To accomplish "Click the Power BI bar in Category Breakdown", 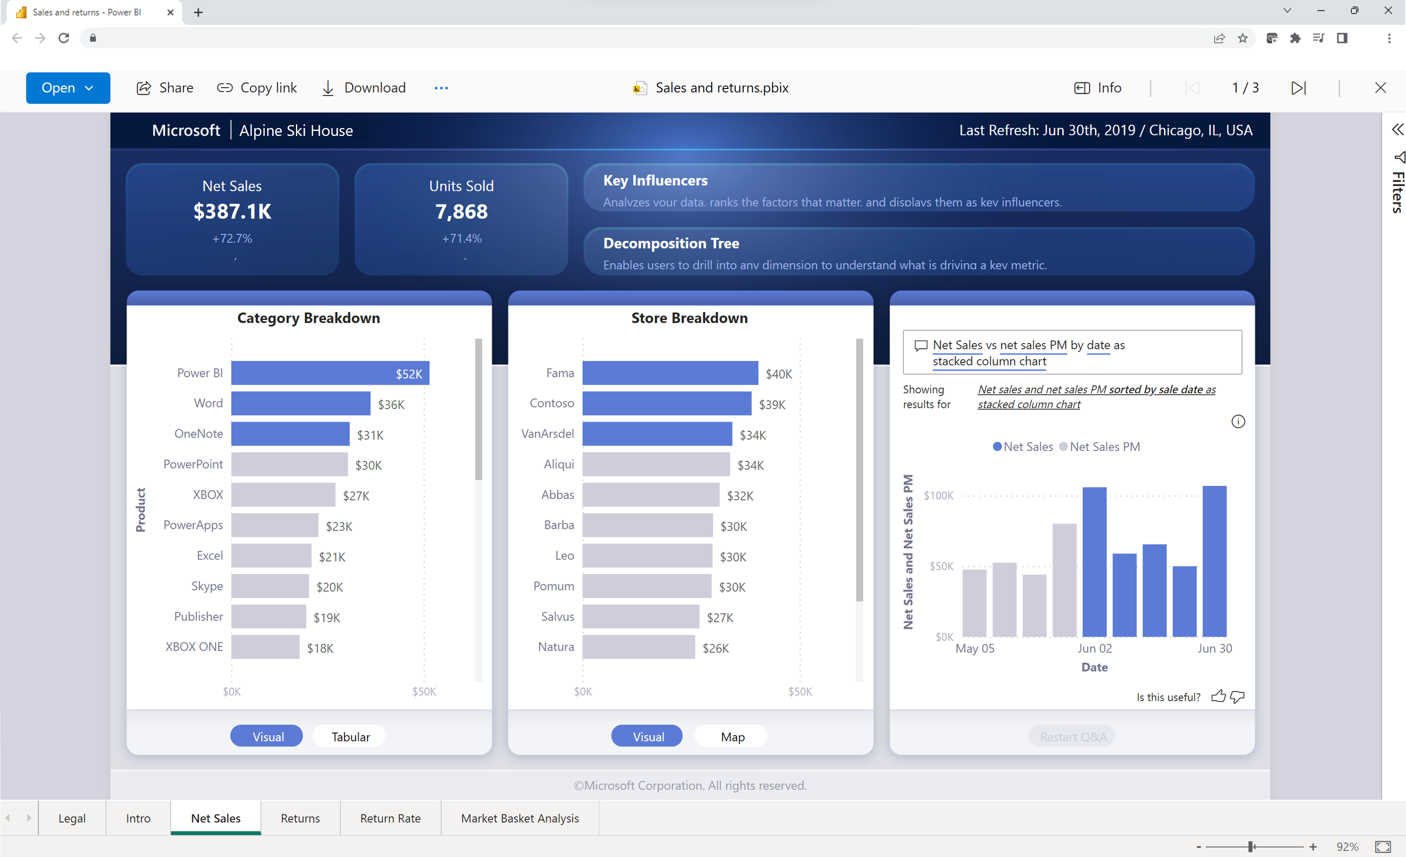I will [x=330, y=373].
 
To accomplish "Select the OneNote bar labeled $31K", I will [x=290, y=434].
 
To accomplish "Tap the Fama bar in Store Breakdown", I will [x=670, y=373].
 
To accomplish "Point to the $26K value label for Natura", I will [x=716, y=648].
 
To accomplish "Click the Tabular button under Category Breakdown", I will [x=351, y=736].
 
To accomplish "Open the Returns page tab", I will [x=300, y=818].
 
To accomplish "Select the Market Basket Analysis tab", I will [x=520, y=818].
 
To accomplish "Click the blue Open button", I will [x=68, y=88].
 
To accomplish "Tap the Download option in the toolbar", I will [x=364, y=88].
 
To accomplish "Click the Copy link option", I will [x=257, y=88].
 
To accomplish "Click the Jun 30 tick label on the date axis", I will [x=1214, y=648].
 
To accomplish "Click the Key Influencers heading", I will [x=655, y=181].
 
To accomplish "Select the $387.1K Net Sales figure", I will [x=232, y=211].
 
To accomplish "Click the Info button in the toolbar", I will [x=1098, y=88].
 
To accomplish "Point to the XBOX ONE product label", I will [x=194, y=646].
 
